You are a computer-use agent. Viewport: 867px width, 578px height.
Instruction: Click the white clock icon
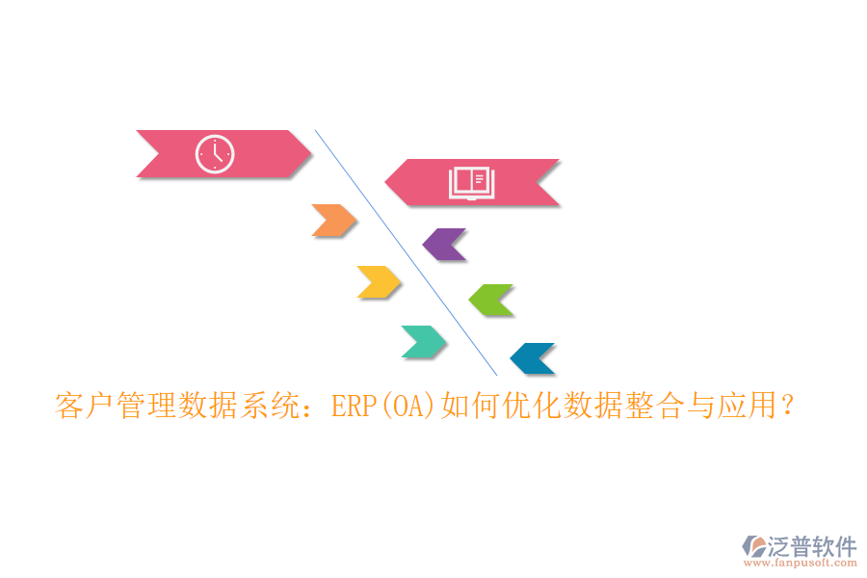click(x=215, y=154)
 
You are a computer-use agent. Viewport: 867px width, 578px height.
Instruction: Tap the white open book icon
click(x=471, y=183)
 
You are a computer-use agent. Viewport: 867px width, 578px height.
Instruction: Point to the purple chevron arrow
click(x=445, y=245)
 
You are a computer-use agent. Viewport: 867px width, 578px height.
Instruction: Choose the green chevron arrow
click(x=491, y=301)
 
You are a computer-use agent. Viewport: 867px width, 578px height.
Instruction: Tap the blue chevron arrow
click(x=533, y=358)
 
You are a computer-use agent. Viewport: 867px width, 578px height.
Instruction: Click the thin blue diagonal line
click(x=405, y=250)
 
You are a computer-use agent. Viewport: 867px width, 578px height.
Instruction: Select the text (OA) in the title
click(x=408, y=407)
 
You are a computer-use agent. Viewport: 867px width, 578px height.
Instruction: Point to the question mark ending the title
click(x=788, y=407)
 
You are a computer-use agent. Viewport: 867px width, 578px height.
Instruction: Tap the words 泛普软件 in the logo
click(x=811, y=546)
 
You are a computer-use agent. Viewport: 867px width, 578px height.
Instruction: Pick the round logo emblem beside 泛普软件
click(x=753, y=546)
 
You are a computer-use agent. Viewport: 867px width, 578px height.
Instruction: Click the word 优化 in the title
click(x=532, y=407)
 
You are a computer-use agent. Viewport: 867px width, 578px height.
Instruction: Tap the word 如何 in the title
click(x=470, y=407)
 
